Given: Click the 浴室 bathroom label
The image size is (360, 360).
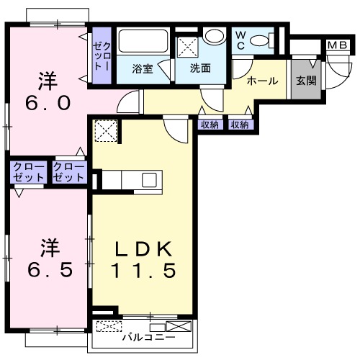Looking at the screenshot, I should pyautogui.click(x=141, y=69).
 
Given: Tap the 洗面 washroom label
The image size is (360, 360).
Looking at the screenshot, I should pyautogui.click(x=200, y=69).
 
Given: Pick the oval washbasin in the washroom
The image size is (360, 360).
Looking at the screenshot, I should pyautogui.click(x=214, y=36).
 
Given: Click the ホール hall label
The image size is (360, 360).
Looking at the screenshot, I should pyautogui.click(x=262, y=81).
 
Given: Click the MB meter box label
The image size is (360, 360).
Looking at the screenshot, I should pyautogui.click(x=337, y=46).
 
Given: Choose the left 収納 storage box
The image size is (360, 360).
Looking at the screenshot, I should pyautogui.click(x=210, y=124).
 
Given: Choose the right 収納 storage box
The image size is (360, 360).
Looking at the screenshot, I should pyautogui.click(x=240, y=124).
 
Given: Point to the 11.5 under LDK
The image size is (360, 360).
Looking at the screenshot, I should pyautogui.click(x=143, y=272).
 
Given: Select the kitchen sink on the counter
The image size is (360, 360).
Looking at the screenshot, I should pyautogui.click(x=150, y=179).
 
